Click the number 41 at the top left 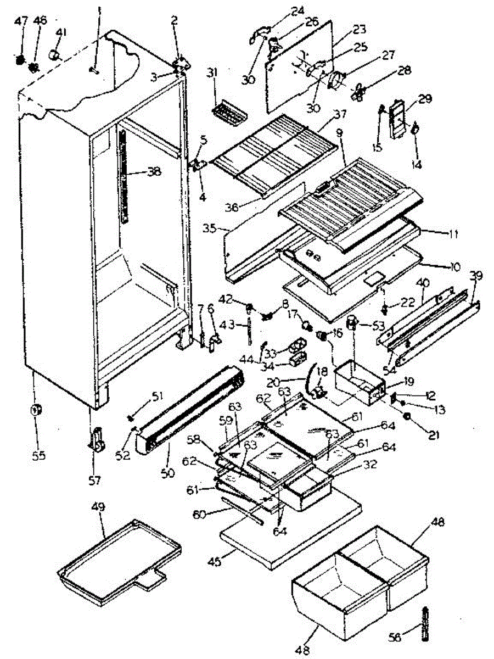point(60,32)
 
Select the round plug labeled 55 point(37,410)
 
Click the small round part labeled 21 point(408,419)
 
